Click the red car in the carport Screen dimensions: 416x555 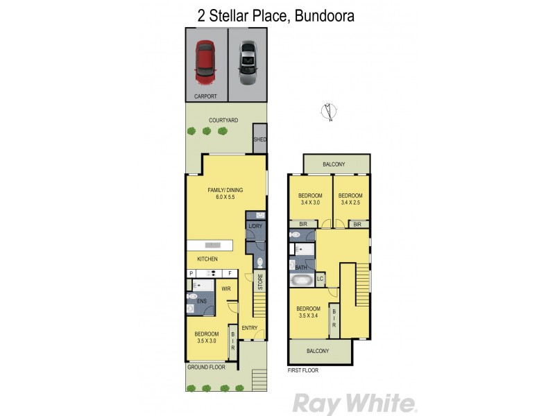coord(206,60)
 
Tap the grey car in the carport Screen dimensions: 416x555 coord(248,62)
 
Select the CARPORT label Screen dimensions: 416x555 coord(206,96)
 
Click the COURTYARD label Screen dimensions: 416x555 coord(223,120)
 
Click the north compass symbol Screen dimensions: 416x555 coord(328,112)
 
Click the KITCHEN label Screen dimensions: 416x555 coord(207,259)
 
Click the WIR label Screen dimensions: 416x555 coord(226,288)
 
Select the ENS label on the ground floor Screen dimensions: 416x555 coord(203,301)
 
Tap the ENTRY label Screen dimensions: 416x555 coord(249,328)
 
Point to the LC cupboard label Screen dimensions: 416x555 coord(320,279)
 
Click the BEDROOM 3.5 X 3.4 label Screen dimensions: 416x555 coord(308,313)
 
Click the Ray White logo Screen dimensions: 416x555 coord(354,403)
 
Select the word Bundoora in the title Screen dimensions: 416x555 coord(323,15)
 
